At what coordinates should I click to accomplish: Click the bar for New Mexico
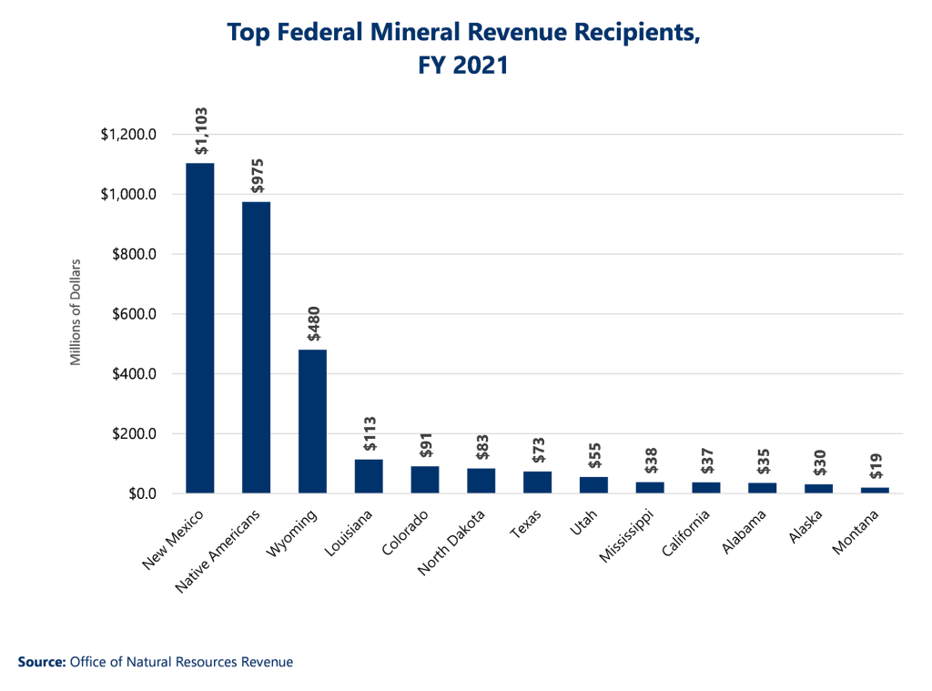point(200,328)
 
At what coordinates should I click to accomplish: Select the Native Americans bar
point(256,347)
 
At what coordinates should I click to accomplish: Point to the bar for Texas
point(537,482)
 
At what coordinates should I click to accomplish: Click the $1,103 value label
point(201,132)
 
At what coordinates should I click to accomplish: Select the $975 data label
point(257,177)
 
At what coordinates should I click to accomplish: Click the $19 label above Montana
point(876,466)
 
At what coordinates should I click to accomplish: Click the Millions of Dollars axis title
point(76,313)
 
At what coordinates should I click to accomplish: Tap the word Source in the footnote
point(41,662)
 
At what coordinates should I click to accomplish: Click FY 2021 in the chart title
point(464,66)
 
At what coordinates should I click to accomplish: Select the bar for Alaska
point(819,488)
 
